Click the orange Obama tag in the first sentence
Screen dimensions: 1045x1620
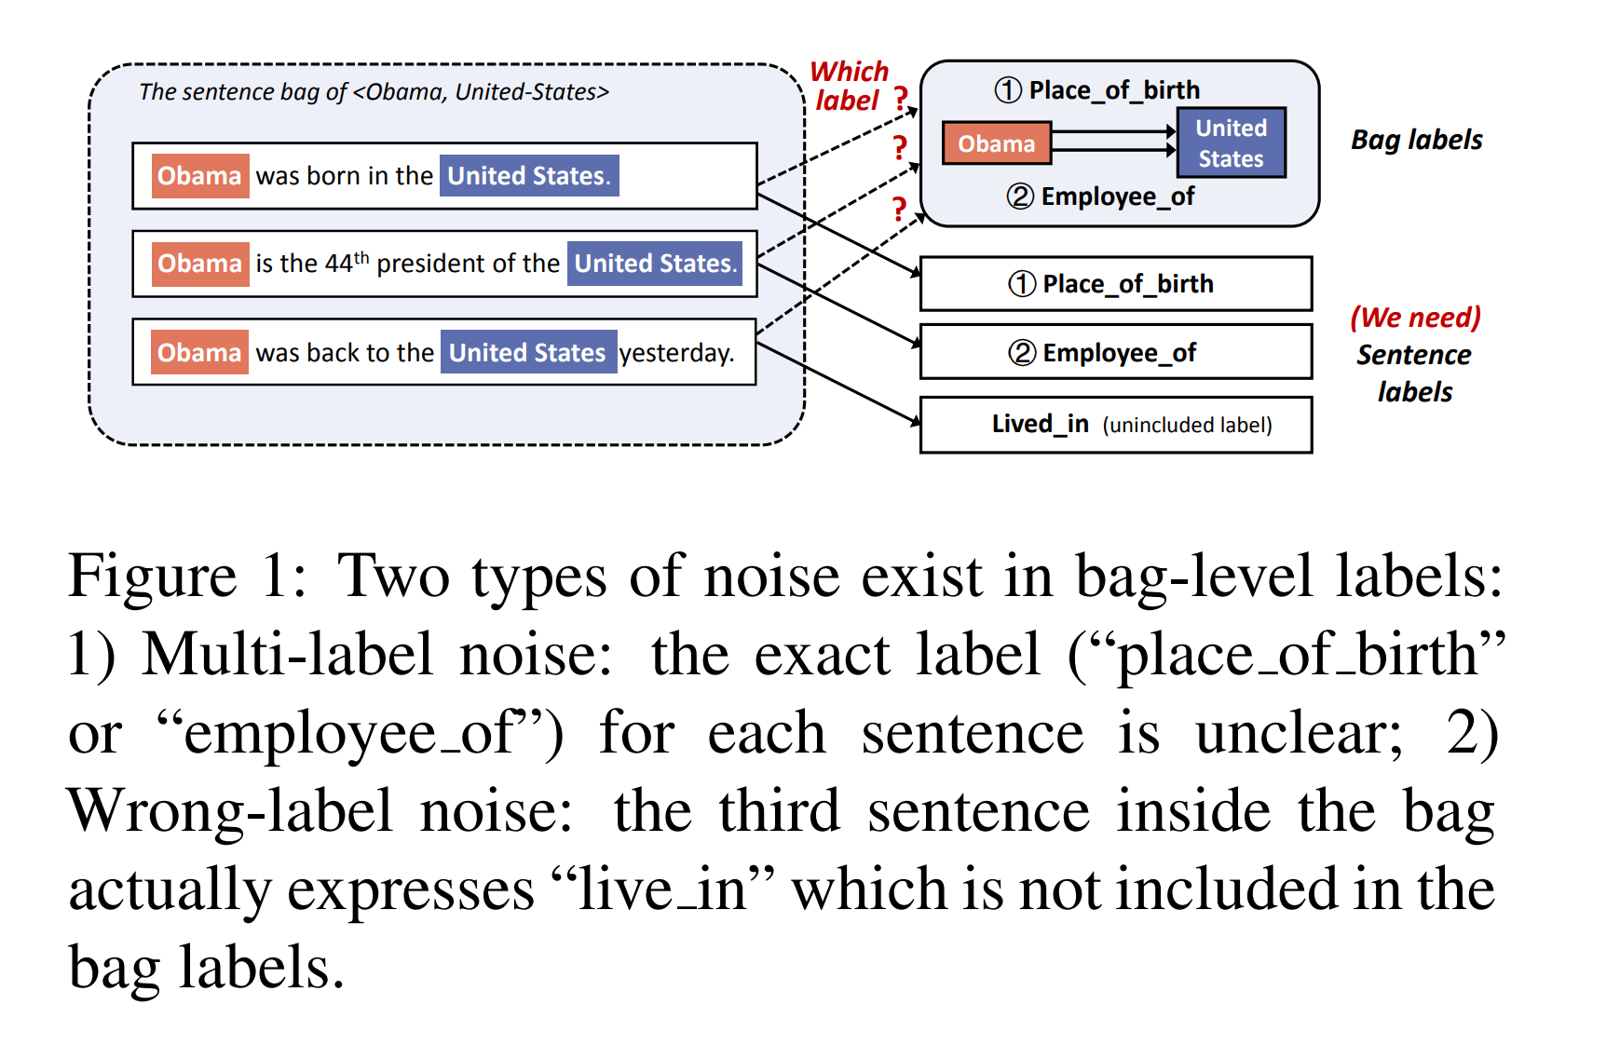199,176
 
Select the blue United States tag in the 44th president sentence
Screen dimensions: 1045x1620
655,264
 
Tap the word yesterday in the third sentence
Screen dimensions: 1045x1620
676,353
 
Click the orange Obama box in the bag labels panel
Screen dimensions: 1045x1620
996,143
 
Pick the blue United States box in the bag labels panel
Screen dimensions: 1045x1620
1231,143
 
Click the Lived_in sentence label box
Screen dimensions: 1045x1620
1115,425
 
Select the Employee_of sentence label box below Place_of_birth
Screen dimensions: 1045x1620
1115,352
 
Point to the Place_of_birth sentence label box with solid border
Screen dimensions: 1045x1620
1115,284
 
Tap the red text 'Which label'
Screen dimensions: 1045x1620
848,86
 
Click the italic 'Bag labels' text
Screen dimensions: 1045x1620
1416,140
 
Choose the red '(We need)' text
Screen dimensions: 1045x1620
1415,318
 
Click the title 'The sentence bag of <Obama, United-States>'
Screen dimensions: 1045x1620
374,92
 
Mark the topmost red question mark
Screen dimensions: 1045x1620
901,98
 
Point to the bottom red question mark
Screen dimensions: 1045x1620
899,209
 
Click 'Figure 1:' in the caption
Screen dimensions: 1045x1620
186,576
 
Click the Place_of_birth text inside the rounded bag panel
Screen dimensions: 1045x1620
1113,90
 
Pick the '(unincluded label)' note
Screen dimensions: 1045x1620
1187,426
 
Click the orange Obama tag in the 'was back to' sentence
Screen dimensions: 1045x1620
199,353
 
